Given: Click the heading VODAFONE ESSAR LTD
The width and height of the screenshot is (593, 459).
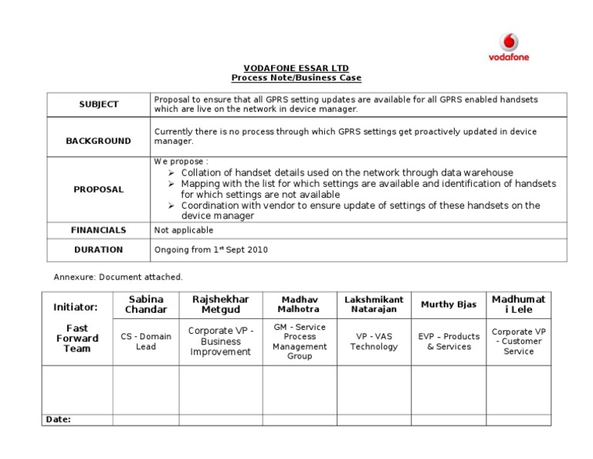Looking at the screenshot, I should click(x=296, y=68).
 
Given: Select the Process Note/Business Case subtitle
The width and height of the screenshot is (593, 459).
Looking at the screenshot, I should click(x=296, y=78).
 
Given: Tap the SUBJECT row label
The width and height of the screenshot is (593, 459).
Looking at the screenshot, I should click(x=99, y=104).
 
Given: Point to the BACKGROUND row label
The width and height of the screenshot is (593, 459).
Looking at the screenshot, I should click(x=99, y=141).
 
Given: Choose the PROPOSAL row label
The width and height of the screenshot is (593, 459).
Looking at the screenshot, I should click(x=99, y=189).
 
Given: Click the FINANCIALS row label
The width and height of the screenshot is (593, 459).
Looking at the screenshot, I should click(x=99, y=229).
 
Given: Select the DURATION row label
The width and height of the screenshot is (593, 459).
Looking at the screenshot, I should click(x=99, y=250).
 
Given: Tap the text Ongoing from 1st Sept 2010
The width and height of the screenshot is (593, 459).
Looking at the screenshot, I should click(x=211, y=250).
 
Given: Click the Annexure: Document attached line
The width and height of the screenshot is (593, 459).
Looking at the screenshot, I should click(x=118, y=277).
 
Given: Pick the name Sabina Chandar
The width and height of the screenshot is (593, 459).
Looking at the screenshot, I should click(x=146, y=304).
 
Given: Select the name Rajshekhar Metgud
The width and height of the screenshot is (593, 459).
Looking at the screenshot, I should click(x=221, y=304).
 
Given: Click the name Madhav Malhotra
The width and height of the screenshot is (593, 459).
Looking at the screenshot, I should click(x=300, y=304).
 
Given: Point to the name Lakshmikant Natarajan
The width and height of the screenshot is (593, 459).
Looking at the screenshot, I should click(x=374, y=304).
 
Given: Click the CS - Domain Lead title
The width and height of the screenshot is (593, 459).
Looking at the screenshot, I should click(x=146, y=342).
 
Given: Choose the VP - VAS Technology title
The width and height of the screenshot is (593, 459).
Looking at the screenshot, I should click(x=374, y=342).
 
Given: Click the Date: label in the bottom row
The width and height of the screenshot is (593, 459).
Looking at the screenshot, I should click(x=59, y=419).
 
